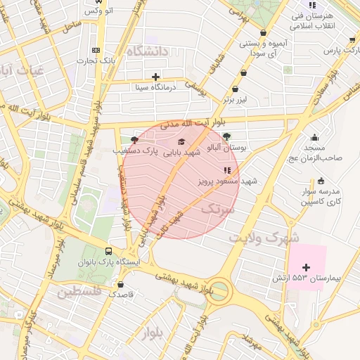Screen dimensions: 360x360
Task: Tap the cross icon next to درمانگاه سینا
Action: (x=155, y=76)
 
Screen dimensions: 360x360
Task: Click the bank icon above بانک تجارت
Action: (x=96, y=50)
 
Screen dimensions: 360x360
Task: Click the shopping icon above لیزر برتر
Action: (x=235, y=89)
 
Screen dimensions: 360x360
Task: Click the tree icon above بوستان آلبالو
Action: (x=226, y=136)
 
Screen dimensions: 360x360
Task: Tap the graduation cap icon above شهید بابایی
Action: (x=173, y=141)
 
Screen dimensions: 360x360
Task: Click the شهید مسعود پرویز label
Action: (x=230, y=181)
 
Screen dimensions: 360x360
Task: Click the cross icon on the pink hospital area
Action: (x=306, y=266)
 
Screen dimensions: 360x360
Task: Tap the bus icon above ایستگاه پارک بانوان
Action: (x=109, y=250)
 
